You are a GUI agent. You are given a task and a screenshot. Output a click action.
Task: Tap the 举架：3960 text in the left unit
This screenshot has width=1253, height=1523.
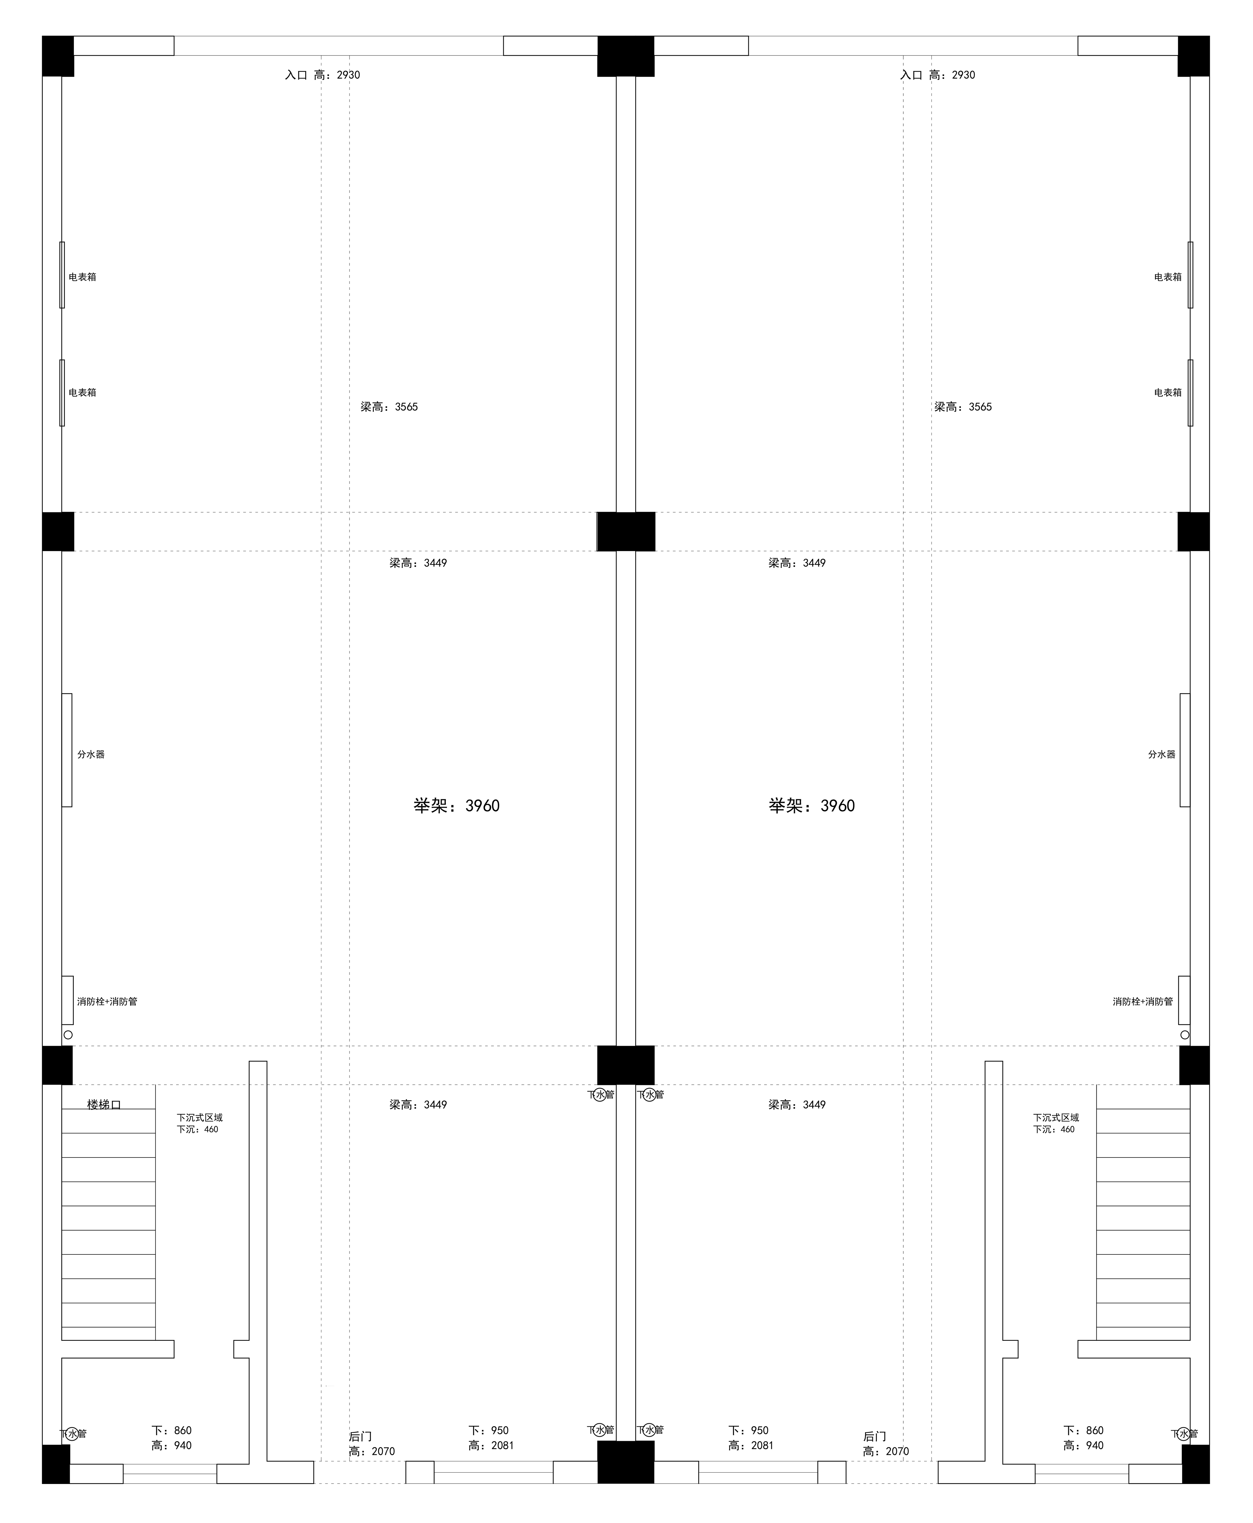(456, 806)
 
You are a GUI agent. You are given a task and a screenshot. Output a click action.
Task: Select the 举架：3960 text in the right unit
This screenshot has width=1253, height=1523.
(811, 806)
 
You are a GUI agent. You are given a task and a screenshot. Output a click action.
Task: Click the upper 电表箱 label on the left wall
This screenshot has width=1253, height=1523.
(82, 277)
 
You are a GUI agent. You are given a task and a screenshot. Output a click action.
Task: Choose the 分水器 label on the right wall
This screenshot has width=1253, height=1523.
(1161, 754)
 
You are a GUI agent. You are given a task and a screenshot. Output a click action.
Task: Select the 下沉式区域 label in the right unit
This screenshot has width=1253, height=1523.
(1056, 1117)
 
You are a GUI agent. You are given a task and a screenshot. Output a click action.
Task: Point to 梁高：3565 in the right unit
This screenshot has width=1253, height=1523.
(963, 407)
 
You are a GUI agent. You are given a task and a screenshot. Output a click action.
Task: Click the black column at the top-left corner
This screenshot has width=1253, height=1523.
(58, 56)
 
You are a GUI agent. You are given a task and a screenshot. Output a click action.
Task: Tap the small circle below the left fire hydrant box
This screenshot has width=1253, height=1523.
(68, 1035)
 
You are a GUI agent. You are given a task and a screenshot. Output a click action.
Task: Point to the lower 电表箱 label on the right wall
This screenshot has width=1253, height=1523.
(1168, 393)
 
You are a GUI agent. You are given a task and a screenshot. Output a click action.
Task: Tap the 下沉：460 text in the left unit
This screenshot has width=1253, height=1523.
(197, 1130)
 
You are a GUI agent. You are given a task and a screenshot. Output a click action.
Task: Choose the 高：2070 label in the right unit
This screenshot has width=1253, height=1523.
(886, 1452)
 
